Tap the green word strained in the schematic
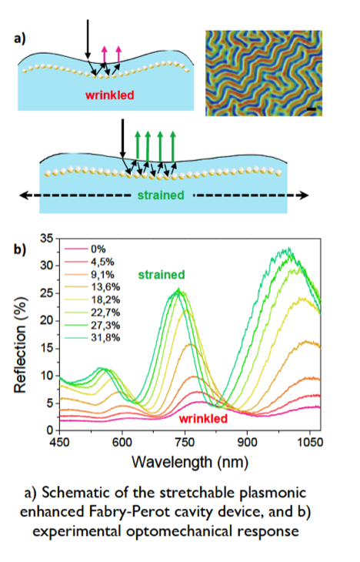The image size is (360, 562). point(162,196)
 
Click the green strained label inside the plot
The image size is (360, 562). point(162,274)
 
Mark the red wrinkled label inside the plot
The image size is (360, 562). point(203,419)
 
